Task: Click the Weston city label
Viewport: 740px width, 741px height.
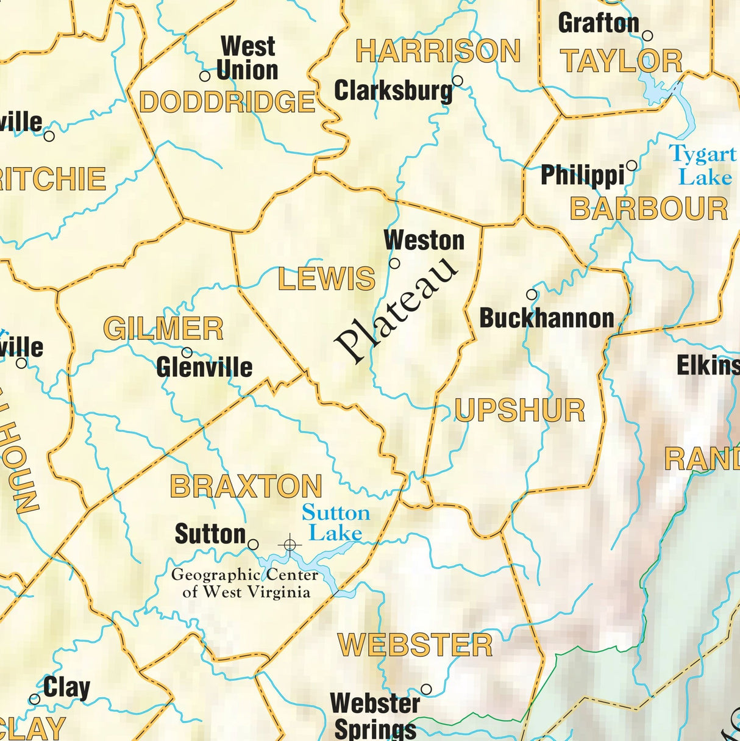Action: [424, 240]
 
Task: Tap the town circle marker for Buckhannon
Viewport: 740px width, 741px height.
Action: [532, 295]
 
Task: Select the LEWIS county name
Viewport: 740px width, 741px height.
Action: [326, 279]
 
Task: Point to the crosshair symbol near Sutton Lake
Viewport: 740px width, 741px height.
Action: [290, 543]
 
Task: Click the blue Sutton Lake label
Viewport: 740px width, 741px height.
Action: [335, 523]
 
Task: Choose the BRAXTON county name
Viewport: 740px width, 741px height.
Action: [246, 486]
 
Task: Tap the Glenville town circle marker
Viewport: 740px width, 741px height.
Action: [187, 352]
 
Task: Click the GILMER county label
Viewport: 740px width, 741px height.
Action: [163, 329]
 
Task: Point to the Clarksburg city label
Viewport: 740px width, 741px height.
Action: [394, 91]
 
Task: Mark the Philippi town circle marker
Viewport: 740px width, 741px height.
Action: [631, 165]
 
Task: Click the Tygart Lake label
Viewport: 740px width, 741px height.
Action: [703, 165]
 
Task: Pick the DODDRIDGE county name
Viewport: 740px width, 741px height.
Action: [227, 102]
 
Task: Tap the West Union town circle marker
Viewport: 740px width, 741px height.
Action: [205, 76]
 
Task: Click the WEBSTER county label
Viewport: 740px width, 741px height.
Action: [415, 645]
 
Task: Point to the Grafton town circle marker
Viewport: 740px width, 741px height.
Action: [647, 36]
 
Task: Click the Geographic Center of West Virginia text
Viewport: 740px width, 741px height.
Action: [245, 583]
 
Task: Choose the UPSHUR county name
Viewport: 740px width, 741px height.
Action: [520, 410]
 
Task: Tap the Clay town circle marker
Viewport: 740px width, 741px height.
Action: [35, 699]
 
